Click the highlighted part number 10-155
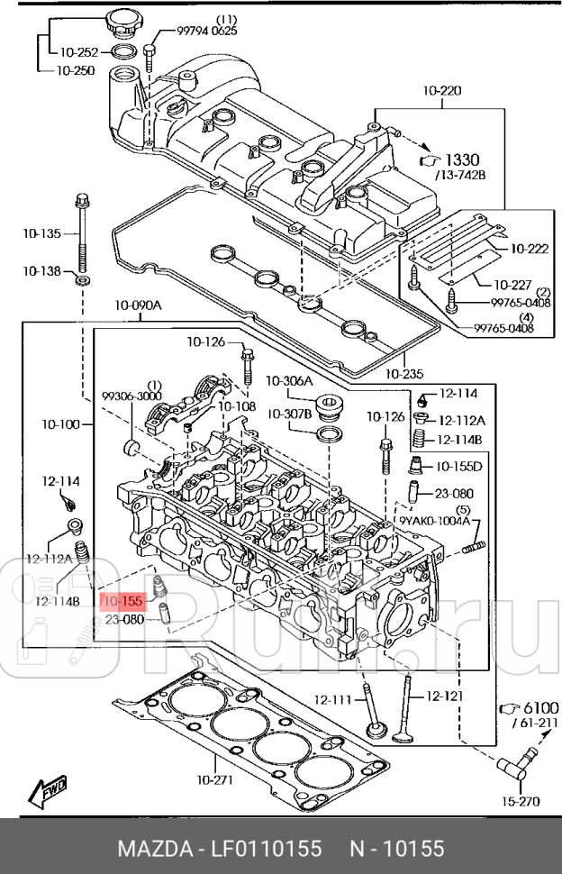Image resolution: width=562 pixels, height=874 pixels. (122, 600)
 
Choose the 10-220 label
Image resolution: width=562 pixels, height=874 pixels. (441, 90)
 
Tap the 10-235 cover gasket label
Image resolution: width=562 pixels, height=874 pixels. (403, 373)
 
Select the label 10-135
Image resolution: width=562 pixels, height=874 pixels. (42, 234)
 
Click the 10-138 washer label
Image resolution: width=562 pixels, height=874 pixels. (42, 270)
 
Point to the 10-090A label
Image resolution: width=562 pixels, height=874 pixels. (138, 306)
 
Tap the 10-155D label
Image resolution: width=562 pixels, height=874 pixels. (459, 467)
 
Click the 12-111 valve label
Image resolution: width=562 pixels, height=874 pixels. (333, 699)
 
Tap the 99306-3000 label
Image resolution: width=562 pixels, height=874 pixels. (131, 395)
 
